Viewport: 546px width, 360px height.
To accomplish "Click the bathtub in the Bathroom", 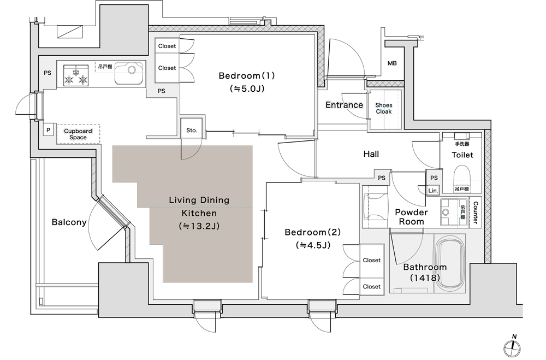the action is tap(452, 263).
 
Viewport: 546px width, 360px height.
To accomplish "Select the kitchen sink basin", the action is tap(128, 74).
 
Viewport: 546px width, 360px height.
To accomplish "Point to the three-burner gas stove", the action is tap(75, 75).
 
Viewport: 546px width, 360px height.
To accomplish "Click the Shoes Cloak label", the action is tap(384, 108).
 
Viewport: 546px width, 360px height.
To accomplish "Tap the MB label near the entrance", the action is tap(392, 63).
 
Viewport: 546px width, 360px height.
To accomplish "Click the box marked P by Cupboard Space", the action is tap(48, 131).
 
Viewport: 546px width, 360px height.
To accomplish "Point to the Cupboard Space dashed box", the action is tap(78, 134).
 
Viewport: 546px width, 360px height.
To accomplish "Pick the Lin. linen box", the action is tap(433, 191).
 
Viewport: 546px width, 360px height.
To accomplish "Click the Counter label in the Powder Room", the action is tap(476, 213).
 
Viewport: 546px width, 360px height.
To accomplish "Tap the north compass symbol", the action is tap(513, 346).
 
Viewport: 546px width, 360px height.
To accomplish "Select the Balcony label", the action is tap(69, 222).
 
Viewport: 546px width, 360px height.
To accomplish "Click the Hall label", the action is tap(371, 154).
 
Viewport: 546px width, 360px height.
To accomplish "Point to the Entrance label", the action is tap(344, 105).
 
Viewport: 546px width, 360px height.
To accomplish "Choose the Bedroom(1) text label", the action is tap(247, 75).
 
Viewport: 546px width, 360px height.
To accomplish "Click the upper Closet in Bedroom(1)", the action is tap(167, 46).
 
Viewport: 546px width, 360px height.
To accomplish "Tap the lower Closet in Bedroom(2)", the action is tap(371, 286).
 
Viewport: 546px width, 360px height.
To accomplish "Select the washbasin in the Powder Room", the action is tap(449, 211).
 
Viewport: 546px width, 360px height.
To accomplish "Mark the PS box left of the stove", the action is tap(48, 73).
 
